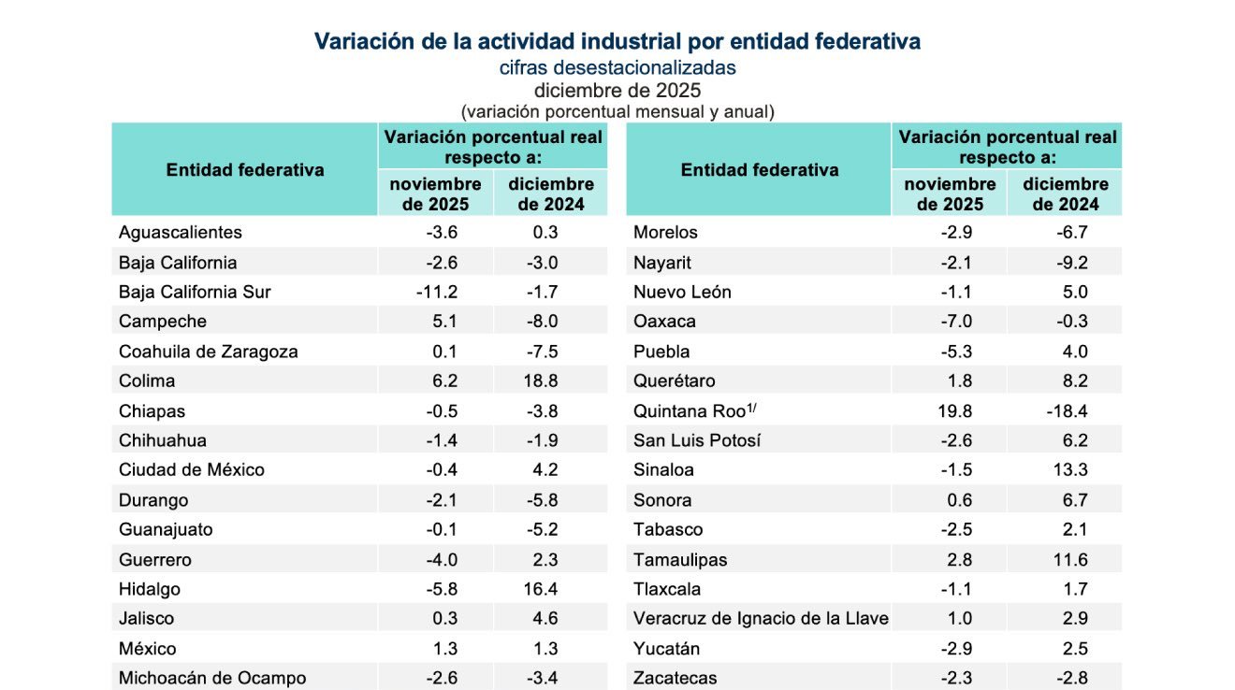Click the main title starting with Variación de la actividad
(x=617, y=41)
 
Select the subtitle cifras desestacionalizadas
(x=617, y=67)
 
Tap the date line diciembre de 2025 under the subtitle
(x=617, y=91)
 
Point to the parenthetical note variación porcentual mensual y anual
(x=617, y=111)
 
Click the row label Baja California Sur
(x=195, y=292)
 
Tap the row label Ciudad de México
(x=192, y=469)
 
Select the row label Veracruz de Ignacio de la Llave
(x=761, y=618)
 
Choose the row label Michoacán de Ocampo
(x=212, y=678)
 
